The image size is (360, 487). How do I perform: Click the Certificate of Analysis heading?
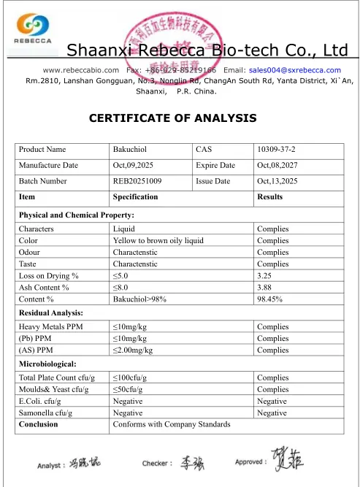[172, 118]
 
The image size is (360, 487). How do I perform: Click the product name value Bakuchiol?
[131, 150]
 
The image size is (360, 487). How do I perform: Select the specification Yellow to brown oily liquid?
[158, 240]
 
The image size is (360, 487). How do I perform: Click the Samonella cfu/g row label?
[50, 413]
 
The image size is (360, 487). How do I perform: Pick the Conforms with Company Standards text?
[172, 424]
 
